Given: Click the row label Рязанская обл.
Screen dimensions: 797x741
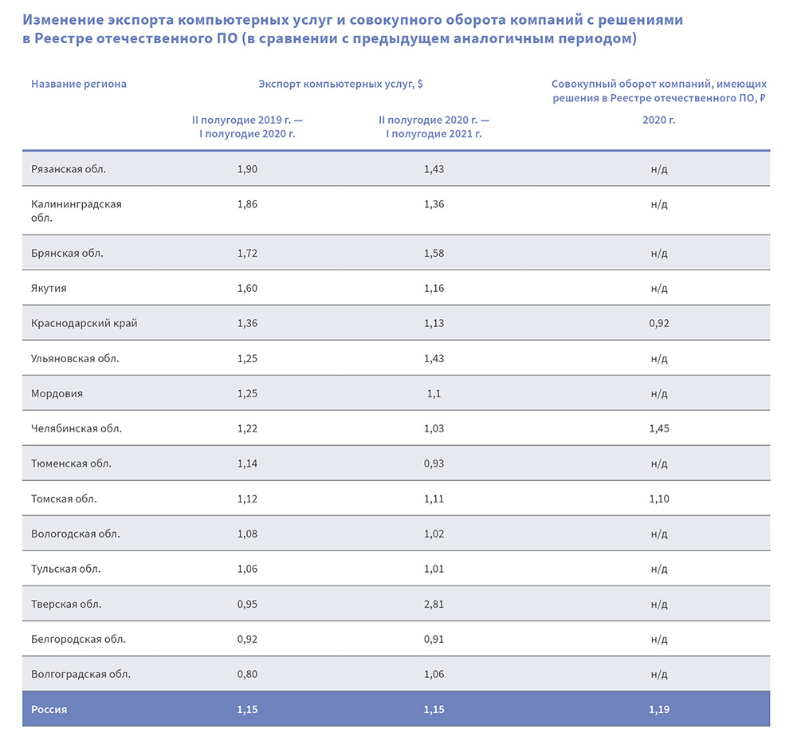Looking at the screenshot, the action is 69,169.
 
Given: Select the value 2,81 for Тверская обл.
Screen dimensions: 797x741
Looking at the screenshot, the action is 434,604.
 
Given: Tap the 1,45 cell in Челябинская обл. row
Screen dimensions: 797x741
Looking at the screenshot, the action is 659,429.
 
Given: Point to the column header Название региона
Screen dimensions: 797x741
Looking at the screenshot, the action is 79,84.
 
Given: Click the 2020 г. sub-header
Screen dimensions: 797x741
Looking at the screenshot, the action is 659,120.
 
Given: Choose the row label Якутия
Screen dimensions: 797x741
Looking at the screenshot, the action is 49,289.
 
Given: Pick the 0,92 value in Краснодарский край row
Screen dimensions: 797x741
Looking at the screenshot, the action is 659,324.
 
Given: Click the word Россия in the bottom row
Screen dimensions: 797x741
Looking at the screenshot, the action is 49,709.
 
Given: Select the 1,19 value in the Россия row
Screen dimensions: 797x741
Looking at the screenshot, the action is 659,709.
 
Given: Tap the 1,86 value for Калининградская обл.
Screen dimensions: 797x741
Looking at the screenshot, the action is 248,204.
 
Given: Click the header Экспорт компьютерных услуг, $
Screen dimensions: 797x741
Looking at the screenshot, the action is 340,84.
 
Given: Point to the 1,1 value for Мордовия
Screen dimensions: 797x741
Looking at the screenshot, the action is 434,394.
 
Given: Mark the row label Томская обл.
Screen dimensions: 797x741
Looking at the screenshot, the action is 64,499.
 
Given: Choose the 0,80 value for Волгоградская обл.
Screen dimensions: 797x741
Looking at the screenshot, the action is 248,674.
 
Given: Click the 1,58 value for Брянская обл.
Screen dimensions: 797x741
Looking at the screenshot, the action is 434,254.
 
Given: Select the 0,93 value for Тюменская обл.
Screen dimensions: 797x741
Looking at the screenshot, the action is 434,464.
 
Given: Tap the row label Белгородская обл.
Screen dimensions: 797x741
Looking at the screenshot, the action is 78,639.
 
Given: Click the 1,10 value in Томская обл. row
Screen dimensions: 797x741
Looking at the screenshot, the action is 659,499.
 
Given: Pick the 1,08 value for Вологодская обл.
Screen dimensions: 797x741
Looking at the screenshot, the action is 248,534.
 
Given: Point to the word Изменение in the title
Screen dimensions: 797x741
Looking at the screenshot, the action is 61,20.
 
